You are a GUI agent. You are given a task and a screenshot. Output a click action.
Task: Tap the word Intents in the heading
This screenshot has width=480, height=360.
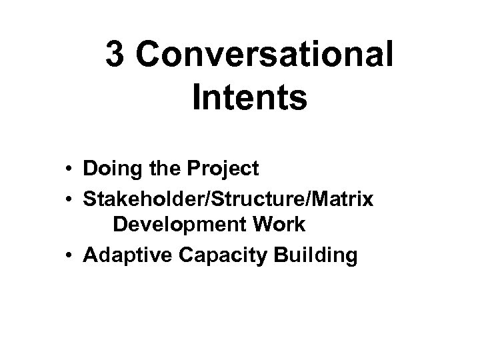click(x=249, y=98)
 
